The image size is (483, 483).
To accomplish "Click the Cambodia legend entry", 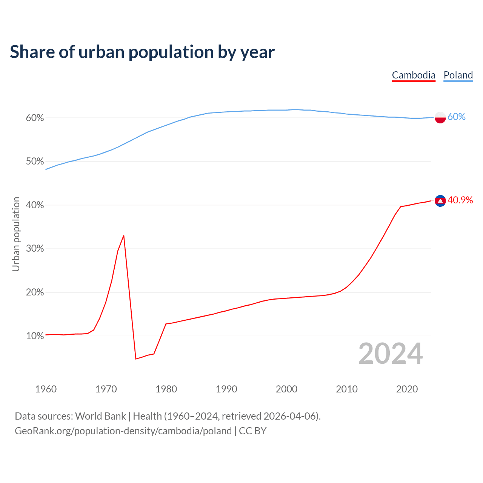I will point(414,75).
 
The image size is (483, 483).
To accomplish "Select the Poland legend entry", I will point(458,75).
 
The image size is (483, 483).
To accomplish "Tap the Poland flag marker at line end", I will point(440,117).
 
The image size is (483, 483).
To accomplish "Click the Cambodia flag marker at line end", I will point(440,201).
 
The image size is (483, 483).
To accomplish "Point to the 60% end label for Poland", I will point(457,117).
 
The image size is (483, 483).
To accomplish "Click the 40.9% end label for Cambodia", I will point(460,200).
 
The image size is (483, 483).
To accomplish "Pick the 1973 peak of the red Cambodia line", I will point(124,236).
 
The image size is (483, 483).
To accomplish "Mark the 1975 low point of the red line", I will point(136,358).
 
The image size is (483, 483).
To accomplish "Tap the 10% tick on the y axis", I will point(35,336).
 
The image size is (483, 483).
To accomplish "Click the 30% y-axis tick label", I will point(35,249).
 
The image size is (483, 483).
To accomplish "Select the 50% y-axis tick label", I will point(35,162).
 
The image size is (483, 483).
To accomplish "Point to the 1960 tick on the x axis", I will point(46,389).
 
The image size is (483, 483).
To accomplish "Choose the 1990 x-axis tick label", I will point(226,389).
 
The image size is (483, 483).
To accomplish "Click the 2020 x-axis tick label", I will point(407,389).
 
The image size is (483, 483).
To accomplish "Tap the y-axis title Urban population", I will point(16,234).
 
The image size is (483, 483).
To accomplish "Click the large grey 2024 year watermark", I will point(391,354).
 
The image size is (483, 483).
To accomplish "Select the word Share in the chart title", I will point(32,52).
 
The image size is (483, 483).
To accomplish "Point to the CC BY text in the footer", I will point(253,431).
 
